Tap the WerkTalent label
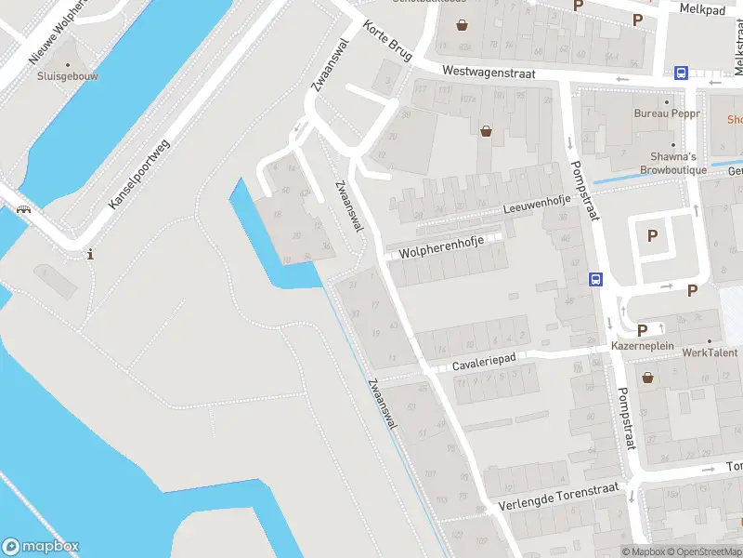pyautogui.click(x=709, y=352)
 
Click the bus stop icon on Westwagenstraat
pyautogui.click(x=681, y=73)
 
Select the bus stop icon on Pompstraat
pyautogui.click(x=595, y=278)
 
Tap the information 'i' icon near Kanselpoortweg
pyautogui.click(x=90, y=254)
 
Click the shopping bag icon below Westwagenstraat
pyautogui.click(x=486, y=131)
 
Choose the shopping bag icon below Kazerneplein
pyautogui.click(x=646, y=377)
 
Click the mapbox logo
pyautogui.click(x=41, y=547)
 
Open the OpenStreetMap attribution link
pyautogui.click(x=706, y=551)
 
